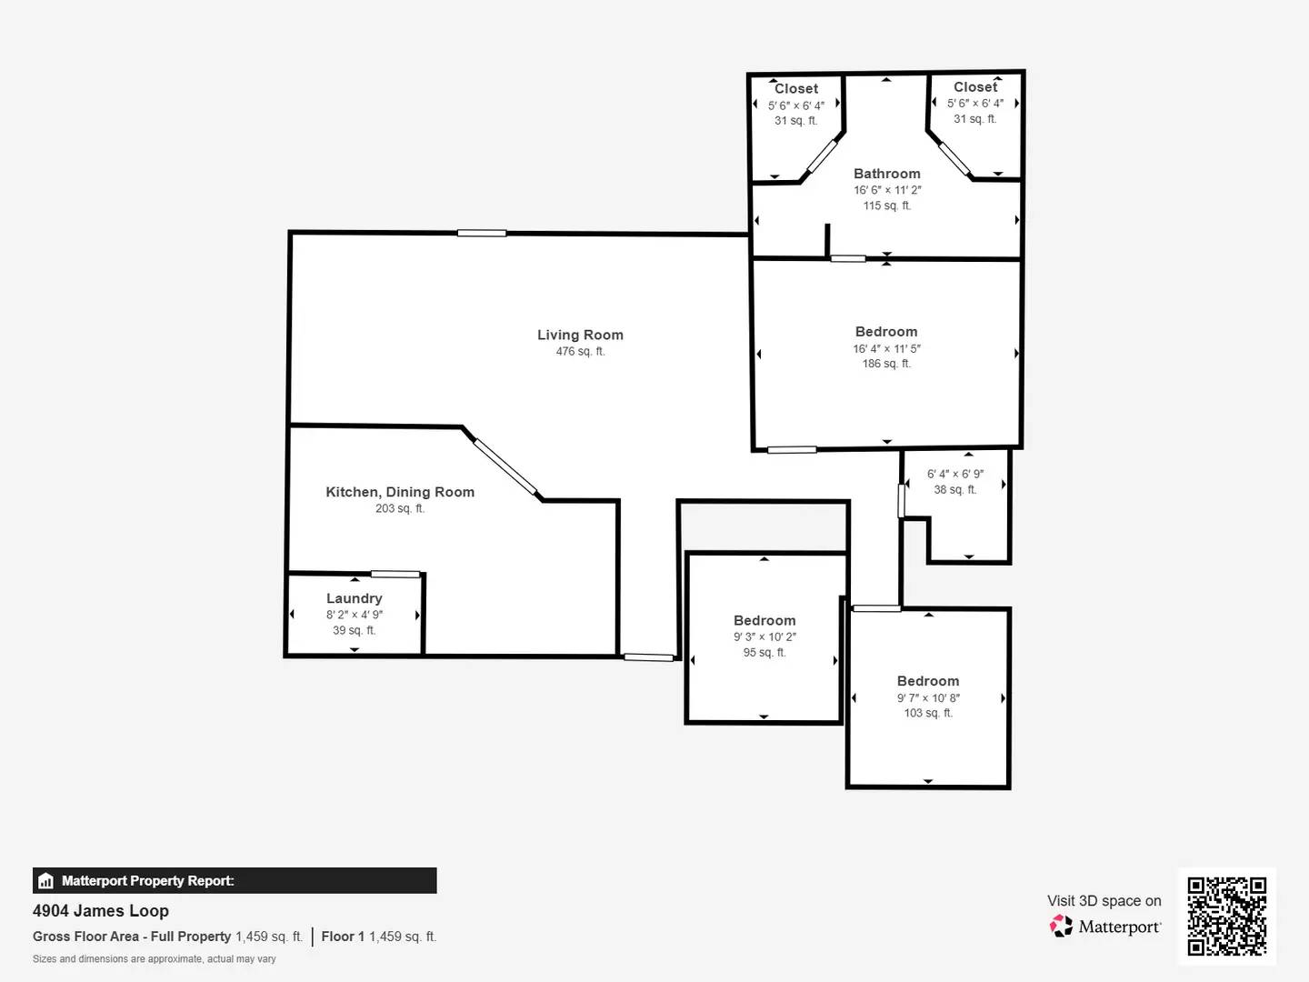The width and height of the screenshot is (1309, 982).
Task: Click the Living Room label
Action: (580, 335)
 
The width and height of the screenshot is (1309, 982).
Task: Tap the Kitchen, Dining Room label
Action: (400, 492)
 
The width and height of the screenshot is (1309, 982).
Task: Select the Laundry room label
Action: (354, 598)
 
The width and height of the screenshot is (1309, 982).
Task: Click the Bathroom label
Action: (886, 174)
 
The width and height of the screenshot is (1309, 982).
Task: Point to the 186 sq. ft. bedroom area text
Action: (886, 364)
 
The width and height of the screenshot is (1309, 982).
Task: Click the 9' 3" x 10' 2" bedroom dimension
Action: (764, 636)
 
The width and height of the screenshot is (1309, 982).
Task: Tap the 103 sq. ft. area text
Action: (928, 713)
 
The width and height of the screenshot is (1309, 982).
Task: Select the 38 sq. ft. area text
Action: (954, 489)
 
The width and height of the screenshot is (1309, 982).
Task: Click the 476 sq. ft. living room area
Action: (580, 351)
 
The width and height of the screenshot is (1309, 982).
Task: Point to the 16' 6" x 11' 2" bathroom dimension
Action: (886, 190)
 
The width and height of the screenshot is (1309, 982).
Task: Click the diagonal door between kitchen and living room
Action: (505, 467)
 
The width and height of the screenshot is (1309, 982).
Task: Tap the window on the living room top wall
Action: (482, 234)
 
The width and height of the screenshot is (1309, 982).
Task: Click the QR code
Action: (1226, 916)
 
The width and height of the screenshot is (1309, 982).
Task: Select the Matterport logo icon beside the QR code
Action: (1061, 926)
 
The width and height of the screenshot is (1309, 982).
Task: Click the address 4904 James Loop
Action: (101, 910)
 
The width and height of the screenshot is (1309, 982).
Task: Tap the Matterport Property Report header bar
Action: (235, 880)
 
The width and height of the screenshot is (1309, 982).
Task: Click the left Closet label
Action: (795, 88)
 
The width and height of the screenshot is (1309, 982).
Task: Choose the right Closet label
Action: (975, 87)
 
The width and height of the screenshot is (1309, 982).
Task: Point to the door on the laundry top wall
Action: (395, 574)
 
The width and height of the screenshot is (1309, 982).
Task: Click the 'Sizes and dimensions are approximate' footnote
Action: (155, 958)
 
